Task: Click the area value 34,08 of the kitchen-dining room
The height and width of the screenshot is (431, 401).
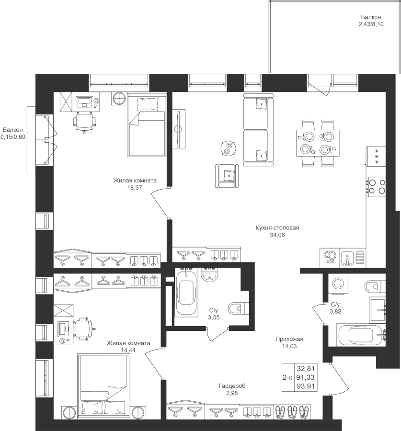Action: coord(277,235)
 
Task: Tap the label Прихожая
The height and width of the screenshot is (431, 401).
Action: coord(289,339)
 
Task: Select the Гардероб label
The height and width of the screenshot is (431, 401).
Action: coord(232,386)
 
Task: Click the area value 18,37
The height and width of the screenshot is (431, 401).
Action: coord(135,188)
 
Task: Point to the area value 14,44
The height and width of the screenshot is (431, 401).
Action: coord(128,350)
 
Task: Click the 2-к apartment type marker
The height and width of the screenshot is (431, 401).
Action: coord(287,377)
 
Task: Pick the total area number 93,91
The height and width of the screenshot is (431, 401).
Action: coord(306,386)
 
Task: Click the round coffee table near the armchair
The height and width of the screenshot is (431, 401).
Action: coord(228,148)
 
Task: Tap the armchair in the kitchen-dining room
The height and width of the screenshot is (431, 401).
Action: coord(227,176)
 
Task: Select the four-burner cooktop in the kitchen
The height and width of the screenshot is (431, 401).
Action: coord(376,186)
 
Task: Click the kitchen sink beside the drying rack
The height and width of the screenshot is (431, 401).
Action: coord(348,258)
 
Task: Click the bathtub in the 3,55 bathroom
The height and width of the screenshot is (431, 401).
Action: coord(187,293)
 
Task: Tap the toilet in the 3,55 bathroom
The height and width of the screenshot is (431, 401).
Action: coord(239,308)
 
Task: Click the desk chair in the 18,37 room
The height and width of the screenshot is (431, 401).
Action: coord(85,122)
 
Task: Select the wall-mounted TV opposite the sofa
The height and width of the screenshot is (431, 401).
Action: coord(179,129)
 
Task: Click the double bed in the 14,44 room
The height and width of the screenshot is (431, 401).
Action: coord(103,387)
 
